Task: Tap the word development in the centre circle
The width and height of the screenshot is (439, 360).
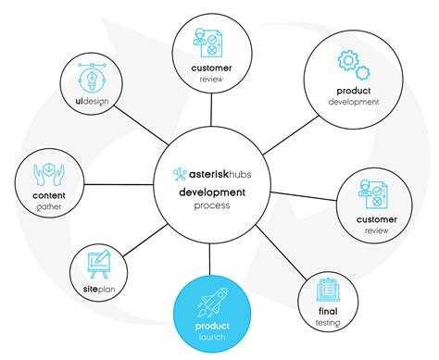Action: [x=212, y=192]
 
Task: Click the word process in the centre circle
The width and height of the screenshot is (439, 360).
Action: [x=212, y=205]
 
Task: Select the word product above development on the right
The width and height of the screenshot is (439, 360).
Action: [x=353, y=90]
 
